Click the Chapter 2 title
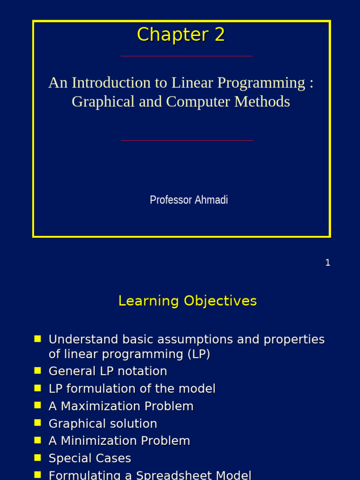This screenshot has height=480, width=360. click(x=180, y=35)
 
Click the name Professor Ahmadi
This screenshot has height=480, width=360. click(x=189, y=200)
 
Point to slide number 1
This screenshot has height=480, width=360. click(x=328, y=263)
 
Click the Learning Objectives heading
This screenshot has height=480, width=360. click(x=187, y=301)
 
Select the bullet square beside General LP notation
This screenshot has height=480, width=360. click(x=38, y=371)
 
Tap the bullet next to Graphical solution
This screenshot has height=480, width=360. click(x=38, y=423)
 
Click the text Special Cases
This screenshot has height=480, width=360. click(x=90, y=458)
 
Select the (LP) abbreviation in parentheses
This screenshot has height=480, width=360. click(x=199, y=354)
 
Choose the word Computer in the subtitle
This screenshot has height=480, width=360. click(x=199, y=102)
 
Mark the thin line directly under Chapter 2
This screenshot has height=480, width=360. click(x=187, y=56)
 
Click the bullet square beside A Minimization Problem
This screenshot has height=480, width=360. click(x=38, y=441)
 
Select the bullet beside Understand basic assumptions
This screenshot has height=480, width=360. click(x=38, y=339)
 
